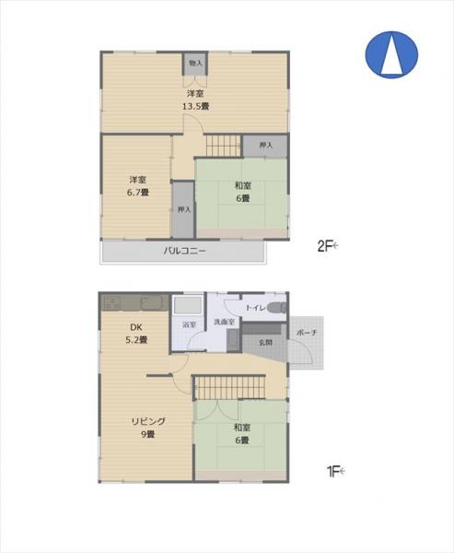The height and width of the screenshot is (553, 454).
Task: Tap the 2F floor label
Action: [x=327, y=246]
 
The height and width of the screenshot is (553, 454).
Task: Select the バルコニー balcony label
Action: [x=184, y=251]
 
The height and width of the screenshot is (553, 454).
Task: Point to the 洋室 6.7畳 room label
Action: [x=138, y=186]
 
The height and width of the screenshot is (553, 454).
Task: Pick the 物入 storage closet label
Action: [x=195, y=63]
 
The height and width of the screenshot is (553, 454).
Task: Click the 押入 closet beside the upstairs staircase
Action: [x=265, y=146]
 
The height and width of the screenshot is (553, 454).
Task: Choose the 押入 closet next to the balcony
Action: [x=183, y=209]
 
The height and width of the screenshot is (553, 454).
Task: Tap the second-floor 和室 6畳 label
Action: [x=242, y=190]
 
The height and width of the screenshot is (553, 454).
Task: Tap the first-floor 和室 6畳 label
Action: [x=242, y=434]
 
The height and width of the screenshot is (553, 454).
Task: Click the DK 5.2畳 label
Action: [x=138, y=333]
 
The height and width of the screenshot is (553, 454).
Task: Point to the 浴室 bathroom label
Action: [x=188, y=324]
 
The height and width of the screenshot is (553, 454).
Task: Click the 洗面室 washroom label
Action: [x=225, y=322]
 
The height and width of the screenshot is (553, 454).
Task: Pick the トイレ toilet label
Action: [x=254, y=306]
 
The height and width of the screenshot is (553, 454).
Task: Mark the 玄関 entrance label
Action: [x=265, y=342]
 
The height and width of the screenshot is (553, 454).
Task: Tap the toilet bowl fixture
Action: [x=277, y=307]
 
